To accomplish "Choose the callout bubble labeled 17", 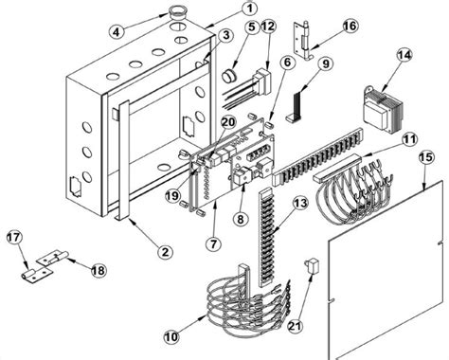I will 16,238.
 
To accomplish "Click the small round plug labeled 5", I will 228,73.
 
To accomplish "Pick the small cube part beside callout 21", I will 310,269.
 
